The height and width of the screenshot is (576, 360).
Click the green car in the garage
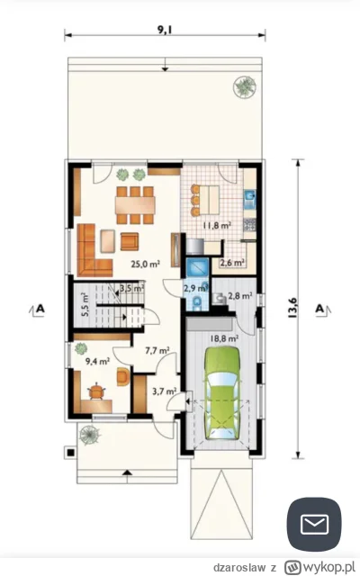coord(222,392)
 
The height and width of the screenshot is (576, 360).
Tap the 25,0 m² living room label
coord(146,264)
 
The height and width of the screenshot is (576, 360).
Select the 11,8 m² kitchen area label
coord(217,225)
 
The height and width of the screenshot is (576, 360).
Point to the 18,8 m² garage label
coord(224,338)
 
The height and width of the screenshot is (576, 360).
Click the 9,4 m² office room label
coord(98,361)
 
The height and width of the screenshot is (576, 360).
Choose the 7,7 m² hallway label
coord(157,350)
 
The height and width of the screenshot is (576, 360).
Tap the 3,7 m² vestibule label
coord(164,391)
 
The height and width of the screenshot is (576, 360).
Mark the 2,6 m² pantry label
coord(232,263)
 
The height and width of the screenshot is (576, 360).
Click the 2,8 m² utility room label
coord(240,295)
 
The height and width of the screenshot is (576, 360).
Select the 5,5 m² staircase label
coord(85,304)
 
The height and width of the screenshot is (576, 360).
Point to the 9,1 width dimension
coord(165,30)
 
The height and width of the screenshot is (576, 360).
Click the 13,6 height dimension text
coord(292,308)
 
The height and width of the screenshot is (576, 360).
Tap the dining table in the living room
coord(135,205)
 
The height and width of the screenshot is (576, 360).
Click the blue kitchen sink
coord(250,199)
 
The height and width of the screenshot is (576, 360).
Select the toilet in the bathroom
coord(198,302)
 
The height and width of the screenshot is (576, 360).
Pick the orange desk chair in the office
coord(96,391)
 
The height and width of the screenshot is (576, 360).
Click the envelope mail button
coord(314,524)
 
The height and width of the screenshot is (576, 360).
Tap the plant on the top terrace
coord(244,86)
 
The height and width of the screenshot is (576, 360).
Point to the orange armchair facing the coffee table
coord(130,241)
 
